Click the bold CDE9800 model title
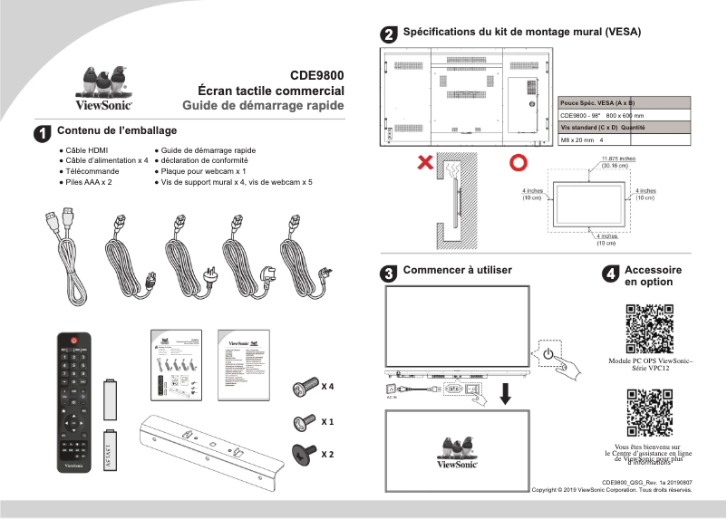coord(316,76)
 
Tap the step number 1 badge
coord(42,133)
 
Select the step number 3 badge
coord(388,273)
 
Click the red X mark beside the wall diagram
coord(424,163)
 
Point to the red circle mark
coord(518,163)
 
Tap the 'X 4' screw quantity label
coord(327,387)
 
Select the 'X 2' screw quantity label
coord(327,453)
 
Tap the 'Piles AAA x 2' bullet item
coord(85,182)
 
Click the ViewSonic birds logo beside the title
coord(102,89)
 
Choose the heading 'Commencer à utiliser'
coord(457,270)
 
